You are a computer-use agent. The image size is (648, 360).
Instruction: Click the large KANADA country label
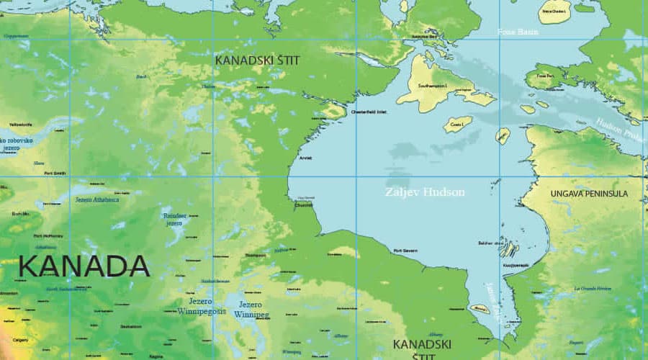tap(84, 266)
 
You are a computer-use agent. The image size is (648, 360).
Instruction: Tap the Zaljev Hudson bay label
tap(425, 192)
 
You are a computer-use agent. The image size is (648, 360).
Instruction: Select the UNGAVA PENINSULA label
tap(589, 194)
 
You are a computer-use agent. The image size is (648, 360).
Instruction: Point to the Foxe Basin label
tap(518, 32)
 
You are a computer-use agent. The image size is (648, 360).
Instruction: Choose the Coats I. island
tap(457, 124)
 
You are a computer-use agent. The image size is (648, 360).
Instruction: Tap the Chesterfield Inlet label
tap(369, 112)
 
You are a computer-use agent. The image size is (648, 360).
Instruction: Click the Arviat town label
tap(305, 158)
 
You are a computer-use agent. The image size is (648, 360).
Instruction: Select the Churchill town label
tap(305, 204)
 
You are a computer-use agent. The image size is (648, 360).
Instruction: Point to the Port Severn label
tap(406, 251)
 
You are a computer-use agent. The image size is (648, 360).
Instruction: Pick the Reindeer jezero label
tap(174, 219)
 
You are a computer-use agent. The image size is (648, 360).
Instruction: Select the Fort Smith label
tap(55, 173)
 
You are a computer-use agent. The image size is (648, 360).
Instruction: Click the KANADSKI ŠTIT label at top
tap(257, 60)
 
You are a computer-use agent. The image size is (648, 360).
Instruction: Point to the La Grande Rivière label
tap(593, 288)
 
